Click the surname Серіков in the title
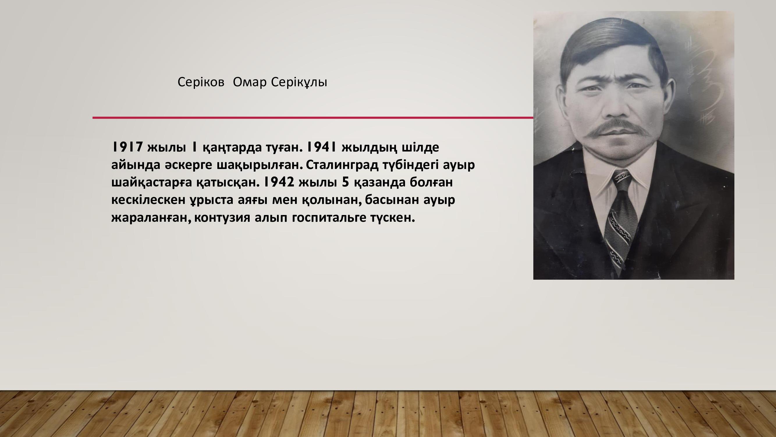[201, 82]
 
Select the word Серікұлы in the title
[299, 82]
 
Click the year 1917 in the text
[127, 147]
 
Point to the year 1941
[322, 147]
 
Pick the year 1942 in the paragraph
[279, 182]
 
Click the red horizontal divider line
[313, 118]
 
